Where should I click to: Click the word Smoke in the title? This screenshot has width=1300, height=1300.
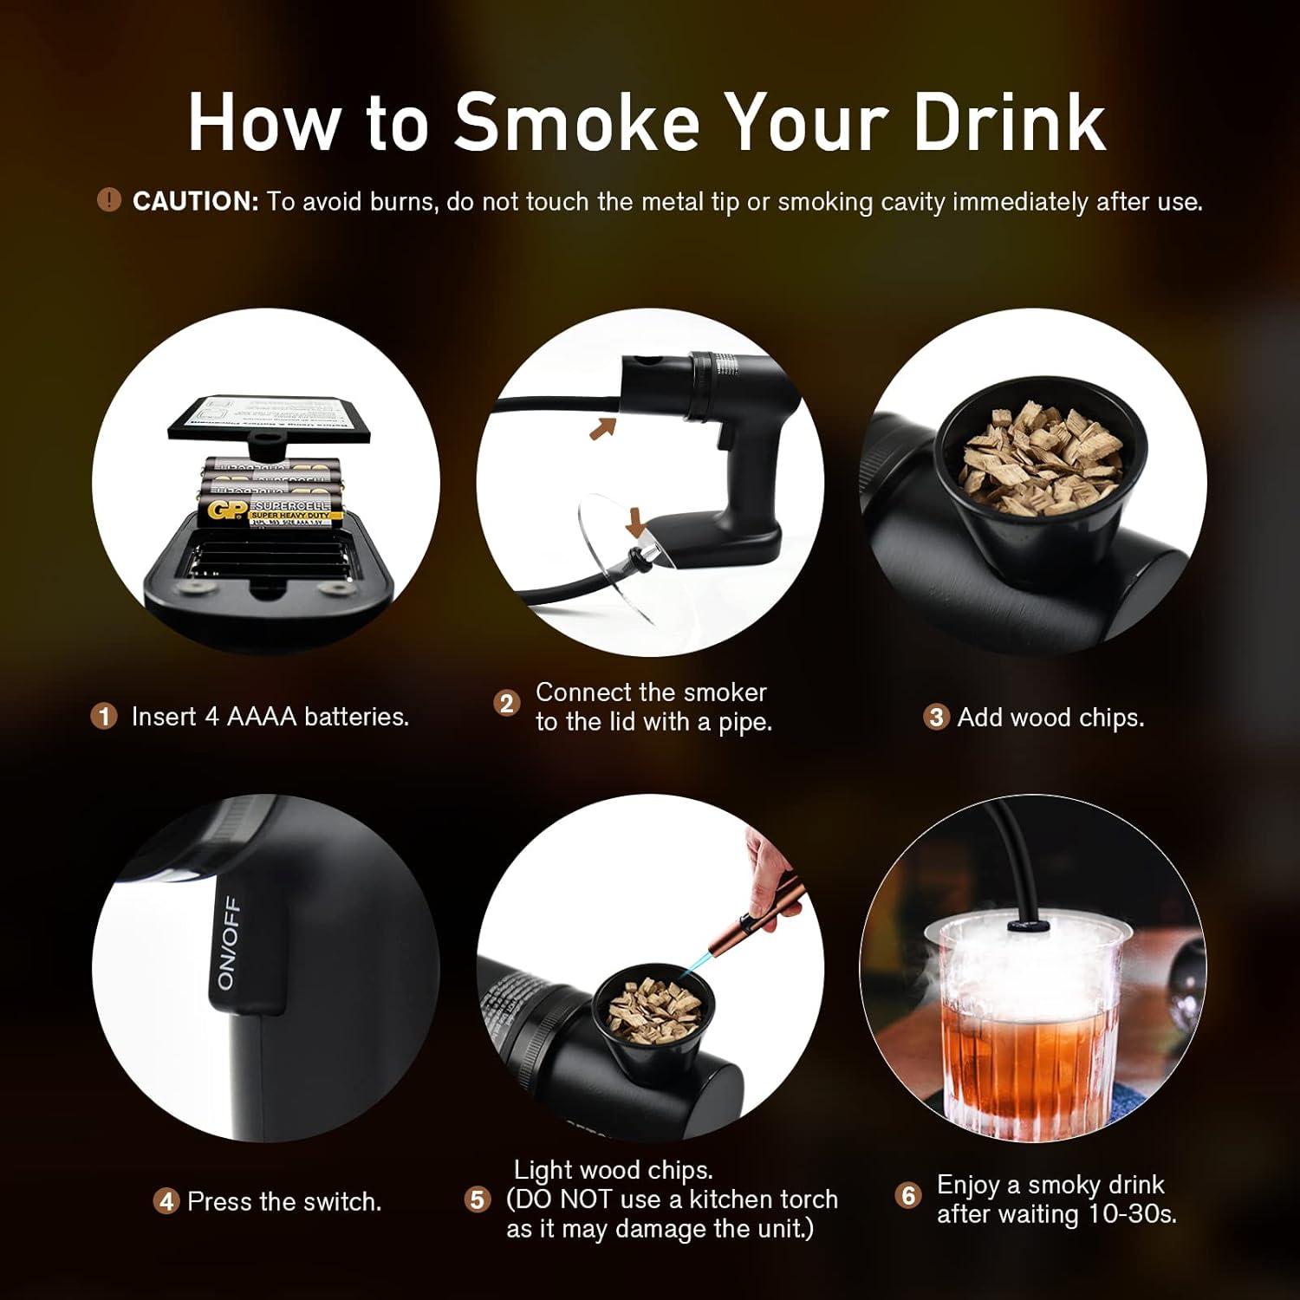click(576, 121)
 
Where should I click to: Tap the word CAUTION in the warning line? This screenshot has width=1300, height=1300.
click(195, 202)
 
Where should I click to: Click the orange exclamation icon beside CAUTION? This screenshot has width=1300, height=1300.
click(108, 201)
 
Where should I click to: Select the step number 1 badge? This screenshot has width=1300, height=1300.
click(104, 717)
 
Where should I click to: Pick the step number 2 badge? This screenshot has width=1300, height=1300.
click(507, 703)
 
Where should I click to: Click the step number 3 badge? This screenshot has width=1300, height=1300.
click(935, 718)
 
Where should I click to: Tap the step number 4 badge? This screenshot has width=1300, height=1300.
click(166, 1202)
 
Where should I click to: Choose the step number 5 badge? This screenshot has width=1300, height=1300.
click(478, 1200)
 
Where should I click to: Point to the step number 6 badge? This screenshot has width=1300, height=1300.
click(907, 1196)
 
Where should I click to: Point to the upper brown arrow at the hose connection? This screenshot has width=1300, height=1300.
click(601, 426)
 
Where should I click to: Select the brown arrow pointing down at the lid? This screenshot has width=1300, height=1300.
click(637, 522)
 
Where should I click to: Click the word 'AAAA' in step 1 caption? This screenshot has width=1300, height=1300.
click(262, 717)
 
